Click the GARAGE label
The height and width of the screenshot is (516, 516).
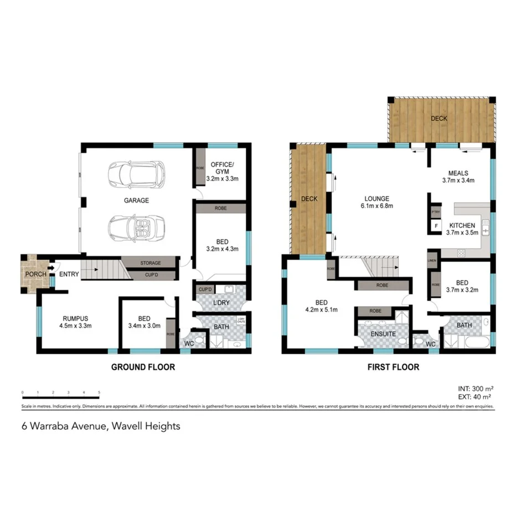pos(136,200)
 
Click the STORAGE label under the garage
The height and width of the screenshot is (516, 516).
pos(150,263)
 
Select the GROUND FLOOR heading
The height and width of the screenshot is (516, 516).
pos(143,367)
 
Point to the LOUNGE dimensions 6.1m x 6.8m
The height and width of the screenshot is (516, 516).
pos(376,207)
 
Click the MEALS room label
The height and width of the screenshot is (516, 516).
pos(458,172)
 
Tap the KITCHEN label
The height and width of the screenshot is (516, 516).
pos(462,225)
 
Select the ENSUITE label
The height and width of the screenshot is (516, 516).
pos(383,334)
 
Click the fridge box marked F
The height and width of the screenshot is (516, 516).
pos(436,226)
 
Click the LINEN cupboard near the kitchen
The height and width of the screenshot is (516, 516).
pos(432,260)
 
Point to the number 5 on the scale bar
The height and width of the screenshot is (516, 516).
pos(99,393)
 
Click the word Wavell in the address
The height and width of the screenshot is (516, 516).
pos(129,426)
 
